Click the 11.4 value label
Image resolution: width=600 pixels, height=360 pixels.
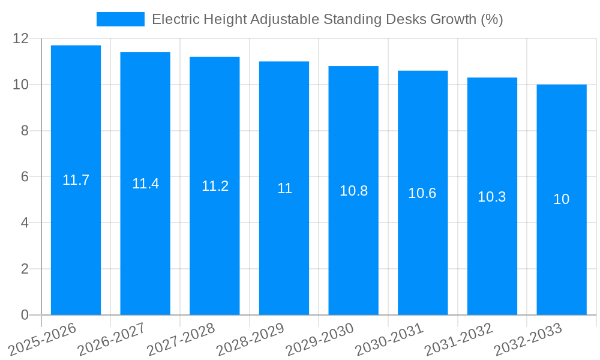coord(145,184)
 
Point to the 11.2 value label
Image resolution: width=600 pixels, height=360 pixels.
coord(215,186)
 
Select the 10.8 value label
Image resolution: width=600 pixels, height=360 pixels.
coord(353,191)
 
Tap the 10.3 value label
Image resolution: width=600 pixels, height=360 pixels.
coord(492,196)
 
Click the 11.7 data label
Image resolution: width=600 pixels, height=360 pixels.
coord(76,179)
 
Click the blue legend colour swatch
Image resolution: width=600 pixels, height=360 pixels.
coord(120,19)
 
